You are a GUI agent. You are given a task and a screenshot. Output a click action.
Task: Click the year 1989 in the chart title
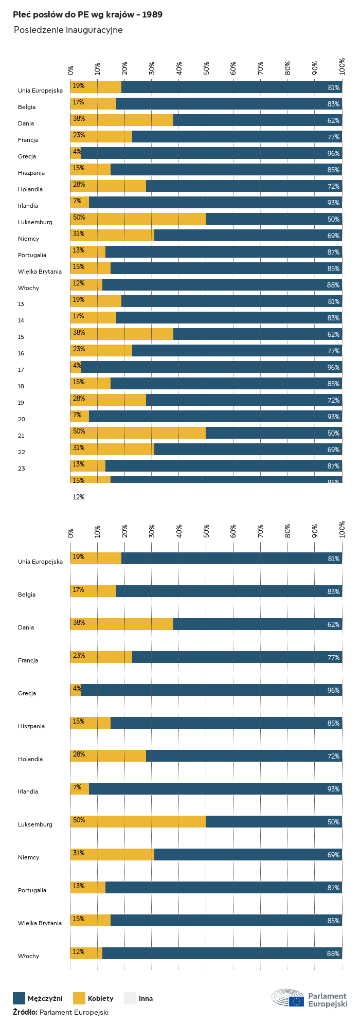[x=153, y=15]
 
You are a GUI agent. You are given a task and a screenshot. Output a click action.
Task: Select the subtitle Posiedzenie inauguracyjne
[x=68, y=30]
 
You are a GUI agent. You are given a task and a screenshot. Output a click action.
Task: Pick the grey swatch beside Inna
[x=130, y=998]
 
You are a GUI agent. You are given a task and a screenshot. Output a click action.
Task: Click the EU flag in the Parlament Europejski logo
[x=296, y=1001]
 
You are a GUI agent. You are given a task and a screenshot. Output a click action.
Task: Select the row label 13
[x=21, y=304]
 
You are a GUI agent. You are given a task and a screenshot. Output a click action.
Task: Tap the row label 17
[x=21, y=370]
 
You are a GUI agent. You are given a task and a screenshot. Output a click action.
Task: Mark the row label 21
[x=21, y=436]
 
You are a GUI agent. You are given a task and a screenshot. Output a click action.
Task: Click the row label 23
[x=21, y=469]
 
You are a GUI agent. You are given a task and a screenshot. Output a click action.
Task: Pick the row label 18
[x=21, y=386]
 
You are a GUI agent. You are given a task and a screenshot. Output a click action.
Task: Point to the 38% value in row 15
[x=79, y=333]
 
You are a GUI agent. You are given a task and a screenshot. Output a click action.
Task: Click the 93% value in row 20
[x=333, y=417]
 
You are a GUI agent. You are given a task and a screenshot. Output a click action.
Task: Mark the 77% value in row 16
[x=333, y=351]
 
